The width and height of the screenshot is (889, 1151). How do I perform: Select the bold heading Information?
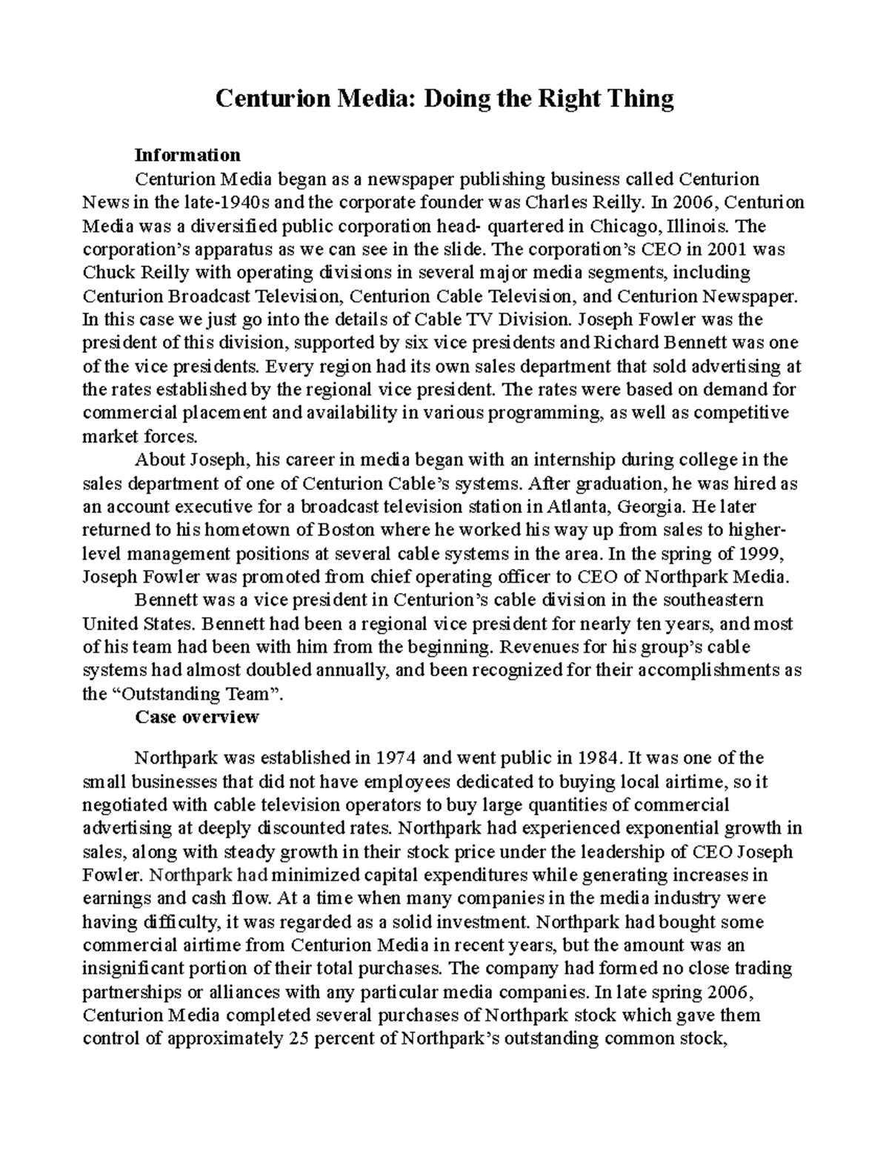tap(187, 155)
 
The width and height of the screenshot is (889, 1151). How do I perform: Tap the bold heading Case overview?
tap(196, 717)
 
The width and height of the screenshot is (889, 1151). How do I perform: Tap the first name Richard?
tap(623, 343)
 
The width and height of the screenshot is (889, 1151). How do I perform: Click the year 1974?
tap(396, 758)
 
